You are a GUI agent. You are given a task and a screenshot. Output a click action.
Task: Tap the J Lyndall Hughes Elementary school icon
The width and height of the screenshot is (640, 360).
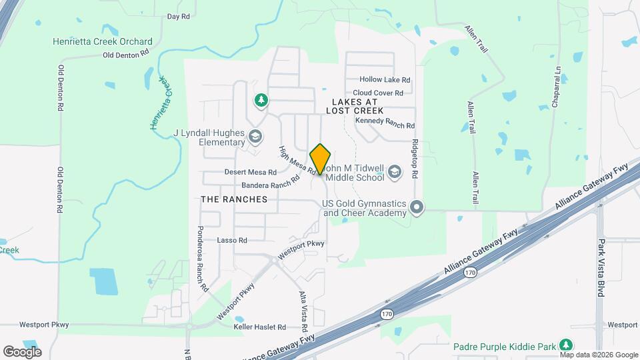tap(255, 137)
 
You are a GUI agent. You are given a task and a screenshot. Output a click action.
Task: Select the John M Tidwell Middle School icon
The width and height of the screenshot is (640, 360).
tap(395, 172)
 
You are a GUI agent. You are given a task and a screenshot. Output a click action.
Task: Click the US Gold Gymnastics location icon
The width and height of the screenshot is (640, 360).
tap(417, 207)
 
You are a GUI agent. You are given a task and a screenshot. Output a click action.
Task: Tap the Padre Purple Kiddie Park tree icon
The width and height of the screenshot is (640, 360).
tap(566, 345)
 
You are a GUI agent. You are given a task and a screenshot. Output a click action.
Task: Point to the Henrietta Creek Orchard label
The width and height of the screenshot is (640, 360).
tap(103, 41)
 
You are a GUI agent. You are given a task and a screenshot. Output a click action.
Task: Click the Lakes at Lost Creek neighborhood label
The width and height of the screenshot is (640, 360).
tap(355, 105)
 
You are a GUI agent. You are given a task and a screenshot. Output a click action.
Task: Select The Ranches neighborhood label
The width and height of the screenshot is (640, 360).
tap(234, 199)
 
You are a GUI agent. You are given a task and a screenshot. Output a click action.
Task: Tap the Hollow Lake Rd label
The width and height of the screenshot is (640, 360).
tap(385, 79)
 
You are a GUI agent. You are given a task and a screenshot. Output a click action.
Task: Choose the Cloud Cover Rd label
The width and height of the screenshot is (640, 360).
tap(378, 93)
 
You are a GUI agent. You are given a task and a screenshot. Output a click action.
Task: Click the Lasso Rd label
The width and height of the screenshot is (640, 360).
tap(232, 240)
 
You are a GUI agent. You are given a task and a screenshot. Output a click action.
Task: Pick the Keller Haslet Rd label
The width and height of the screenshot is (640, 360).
tap(259, 327)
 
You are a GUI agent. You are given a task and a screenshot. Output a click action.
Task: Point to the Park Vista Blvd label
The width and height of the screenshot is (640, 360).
tap(601, 267)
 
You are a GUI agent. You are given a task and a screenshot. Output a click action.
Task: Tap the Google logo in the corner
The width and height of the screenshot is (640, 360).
tap(22, 351)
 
